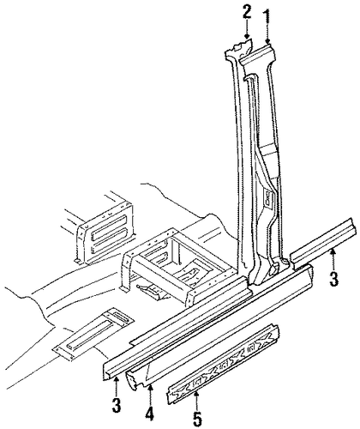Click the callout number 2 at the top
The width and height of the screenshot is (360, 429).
pyautogui.click(x=246, y=12)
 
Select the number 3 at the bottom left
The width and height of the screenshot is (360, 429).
pyautogui.click(x=116, y=403)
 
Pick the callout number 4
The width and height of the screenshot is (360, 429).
pyautogui.click(x=150, y=410)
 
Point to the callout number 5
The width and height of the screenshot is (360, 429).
pyautogui.click(x=197, y=418)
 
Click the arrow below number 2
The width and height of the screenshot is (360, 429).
pyautogui.click(x=246, y=30)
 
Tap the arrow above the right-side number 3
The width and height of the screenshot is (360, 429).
pyautogui.click(x=332, y=258)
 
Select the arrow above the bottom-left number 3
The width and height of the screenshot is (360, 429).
pyautogui.click(x=116, y=384)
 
